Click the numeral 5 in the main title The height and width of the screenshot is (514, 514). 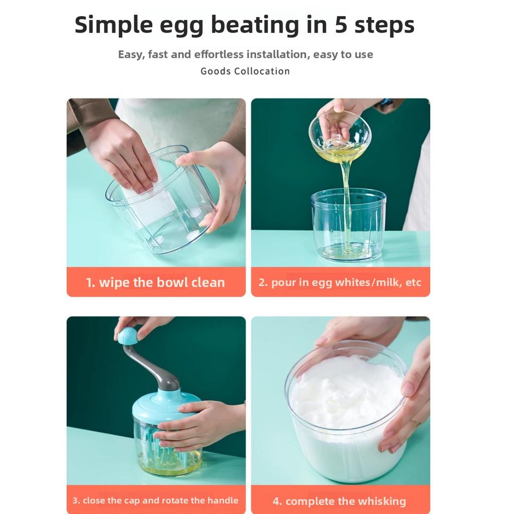341,25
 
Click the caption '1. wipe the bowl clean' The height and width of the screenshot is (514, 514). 155,282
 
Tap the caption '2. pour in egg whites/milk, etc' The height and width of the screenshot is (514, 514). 340,282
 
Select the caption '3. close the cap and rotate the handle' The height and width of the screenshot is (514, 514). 155,500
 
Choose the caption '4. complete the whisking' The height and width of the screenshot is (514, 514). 339,501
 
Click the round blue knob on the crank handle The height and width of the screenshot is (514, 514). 127,336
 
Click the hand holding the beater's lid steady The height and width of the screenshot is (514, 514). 201,422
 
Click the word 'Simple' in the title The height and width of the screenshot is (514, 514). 114,25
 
